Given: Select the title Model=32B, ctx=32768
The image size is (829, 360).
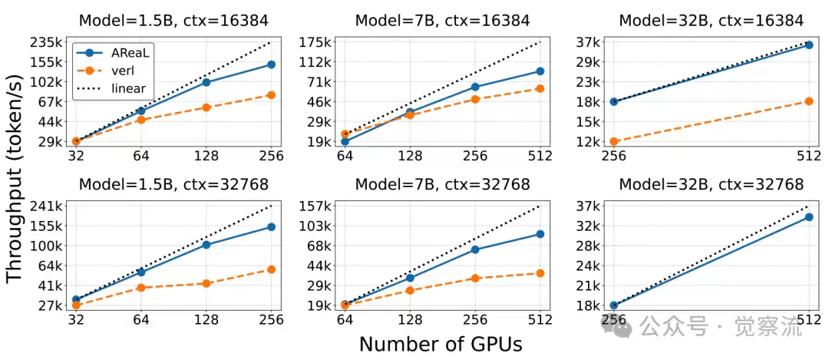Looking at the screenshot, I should pyautogui.click(x=711, y=184).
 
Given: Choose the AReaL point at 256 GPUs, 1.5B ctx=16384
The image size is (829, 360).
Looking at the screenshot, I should pyautogui.click(x=271, y=64).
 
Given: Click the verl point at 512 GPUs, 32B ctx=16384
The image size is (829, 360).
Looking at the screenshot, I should pyautogui.click(x=808, y=101).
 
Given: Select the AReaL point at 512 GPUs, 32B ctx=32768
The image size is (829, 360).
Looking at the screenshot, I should pyautogui.click(x=808, y=217).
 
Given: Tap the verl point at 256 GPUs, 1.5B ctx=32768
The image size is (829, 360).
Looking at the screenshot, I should pyautogui.click(x=271, y=269).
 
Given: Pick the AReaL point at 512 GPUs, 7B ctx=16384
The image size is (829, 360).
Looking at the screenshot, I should pyautogui.click(x=540, y=71).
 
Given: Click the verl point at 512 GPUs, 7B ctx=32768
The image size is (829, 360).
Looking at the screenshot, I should pyautogui.click(x=540, y=273).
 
